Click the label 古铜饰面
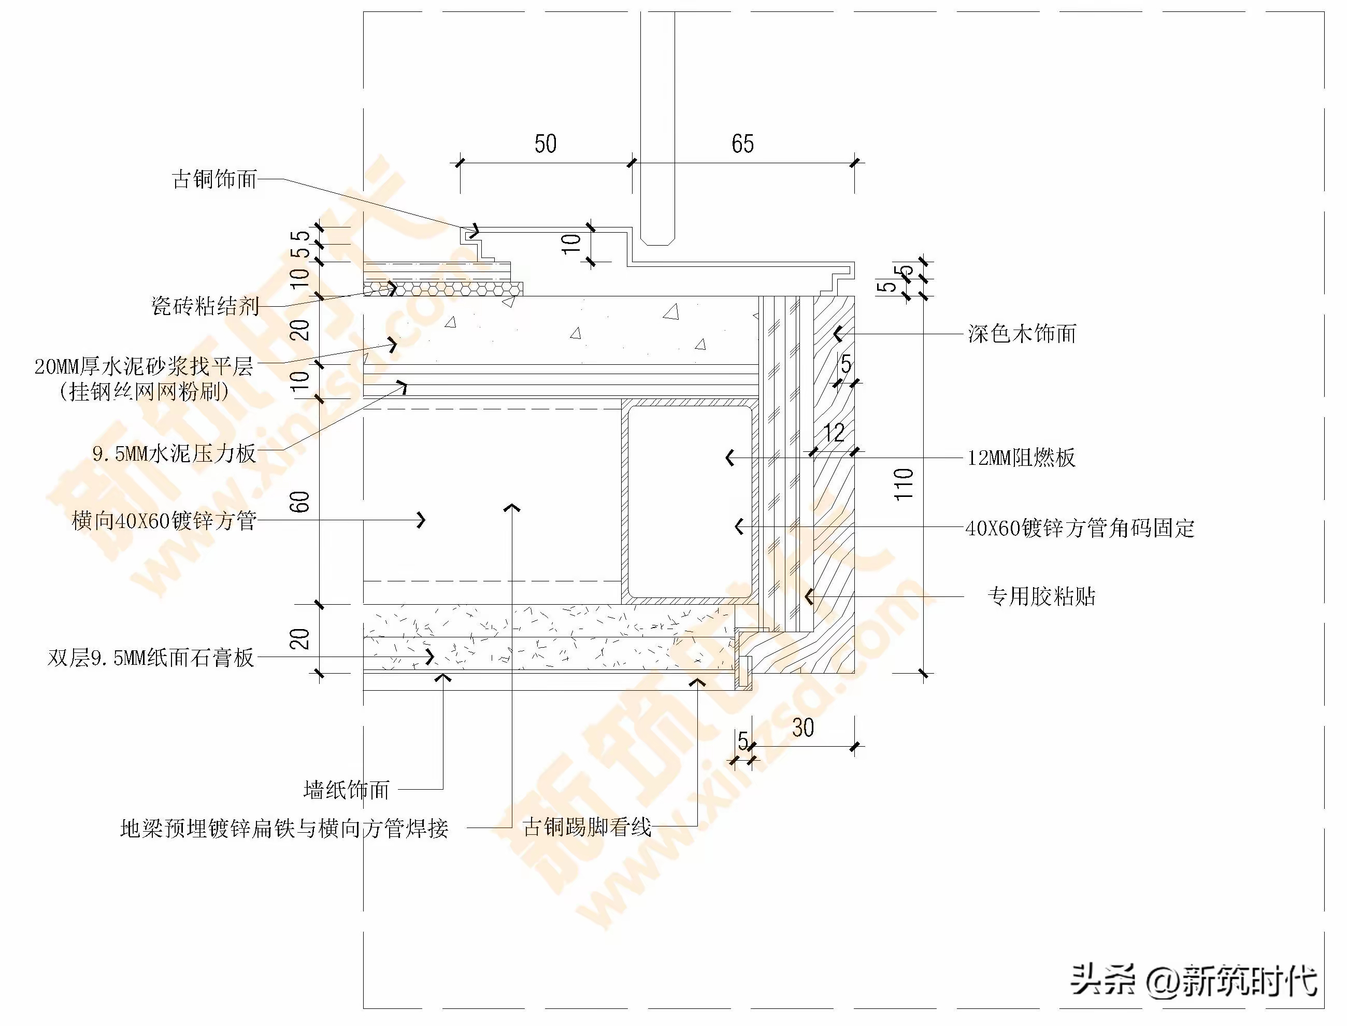click(214, 179)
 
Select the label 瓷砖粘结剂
click(205, 306)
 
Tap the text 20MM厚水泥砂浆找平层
click(144, 366)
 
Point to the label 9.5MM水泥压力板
click(174, 453)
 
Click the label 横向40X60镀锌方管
click(164, 521)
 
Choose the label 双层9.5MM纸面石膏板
click(151, 658)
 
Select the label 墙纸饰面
click(346, 790)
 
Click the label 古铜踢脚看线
click(587, 828)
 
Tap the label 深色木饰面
click(1022, 334)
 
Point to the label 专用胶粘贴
click(1042, 596)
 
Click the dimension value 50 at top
click(545, 144)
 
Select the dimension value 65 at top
click(742, 144)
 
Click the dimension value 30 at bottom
click(803, 728)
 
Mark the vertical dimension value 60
click(300, 502)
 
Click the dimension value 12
click(834, 433)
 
